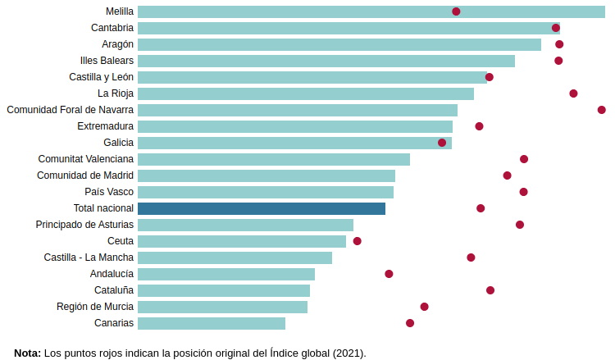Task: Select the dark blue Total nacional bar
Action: coord(262,208)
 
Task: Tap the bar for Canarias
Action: coord(212,323)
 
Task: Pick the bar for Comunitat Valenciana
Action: coord(274,159)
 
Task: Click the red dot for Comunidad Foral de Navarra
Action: coord(602,110)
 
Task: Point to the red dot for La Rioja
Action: coord(573,93)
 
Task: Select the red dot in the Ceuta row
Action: coord(357,241)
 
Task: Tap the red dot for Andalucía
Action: coord(389,274)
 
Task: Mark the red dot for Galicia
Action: coord(442,143)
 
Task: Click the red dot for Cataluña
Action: coord(490,290)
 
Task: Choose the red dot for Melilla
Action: coord(456,11)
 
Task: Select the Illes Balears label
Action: coord(107,61)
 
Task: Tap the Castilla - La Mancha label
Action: coord(89,257)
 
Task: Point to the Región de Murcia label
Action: coord(95,307)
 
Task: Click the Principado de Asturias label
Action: coord(84,225)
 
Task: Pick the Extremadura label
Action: coord(105,126)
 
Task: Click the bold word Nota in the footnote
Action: coord(27,353)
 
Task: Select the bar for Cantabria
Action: coord(348,28)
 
